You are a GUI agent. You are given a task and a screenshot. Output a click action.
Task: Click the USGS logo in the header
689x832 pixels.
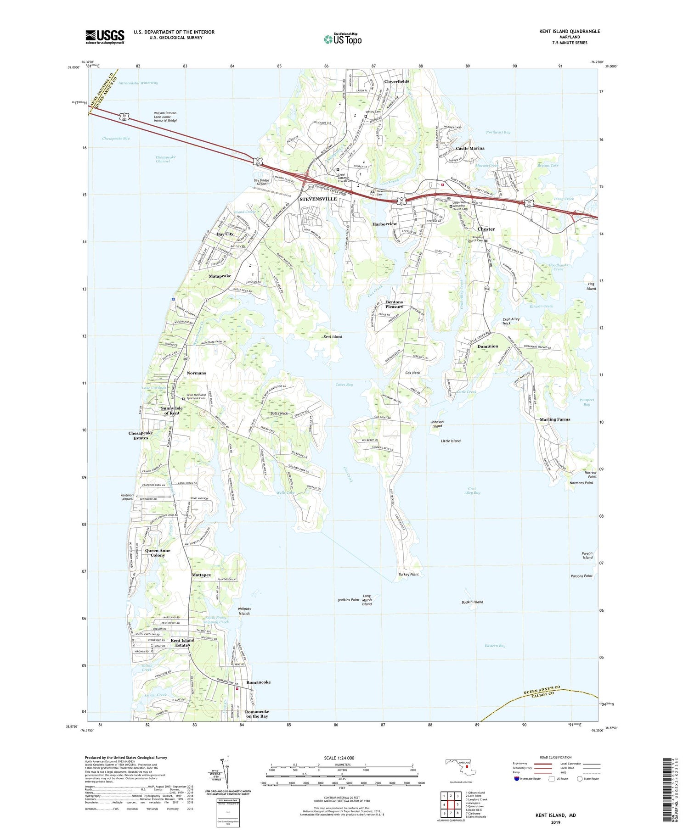105,37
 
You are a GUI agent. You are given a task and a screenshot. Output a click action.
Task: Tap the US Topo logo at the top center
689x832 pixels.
343,39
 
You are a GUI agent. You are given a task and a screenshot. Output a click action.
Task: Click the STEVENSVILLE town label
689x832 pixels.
318,199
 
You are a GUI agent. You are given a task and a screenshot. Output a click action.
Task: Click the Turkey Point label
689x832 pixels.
408,574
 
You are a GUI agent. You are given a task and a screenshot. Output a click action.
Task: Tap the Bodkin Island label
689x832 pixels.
472,602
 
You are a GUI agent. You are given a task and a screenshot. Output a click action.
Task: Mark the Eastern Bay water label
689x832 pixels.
495,646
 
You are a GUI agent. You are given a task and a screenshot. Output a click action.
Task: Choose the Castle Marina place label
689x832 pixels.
470,148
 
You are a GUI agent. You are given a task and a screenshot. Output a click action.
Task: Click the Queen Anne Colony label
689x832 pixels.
158,553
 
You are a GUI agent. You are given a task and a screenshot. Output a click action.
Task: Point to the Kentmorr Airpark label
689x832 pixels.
127,497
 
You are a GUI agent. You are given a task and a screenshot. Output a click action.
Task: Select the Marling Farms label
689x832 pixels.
555,419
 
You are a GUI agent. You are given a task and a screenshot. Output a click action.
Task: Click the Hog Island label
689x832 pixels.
591,286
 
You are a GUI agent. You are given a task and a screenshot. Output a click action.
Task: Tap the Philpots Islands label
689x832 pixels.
244,611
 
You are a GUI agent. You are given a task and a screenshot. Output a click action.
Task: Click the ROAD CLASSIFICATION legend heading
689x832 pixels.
556,757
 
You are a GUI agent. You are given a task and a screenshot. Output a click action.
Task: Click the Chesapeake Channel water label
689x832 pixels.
165,159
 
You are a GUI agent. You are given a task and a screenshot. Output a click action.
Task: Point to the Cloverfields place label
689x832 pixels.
396,81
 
